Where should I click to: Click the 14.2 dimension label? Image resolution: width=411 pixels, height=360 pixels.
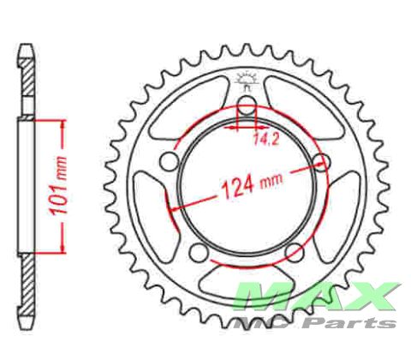[x=265, y=140]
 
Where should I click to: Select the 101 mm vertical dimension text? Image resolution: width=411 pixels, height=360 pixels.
[x=58, y=186]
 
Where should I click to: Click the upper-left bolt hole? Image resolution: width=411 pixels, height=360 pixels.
[x=169, y=162]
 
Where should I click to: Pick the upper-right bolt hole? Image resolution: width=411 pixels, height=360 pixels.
[x=322, y=162]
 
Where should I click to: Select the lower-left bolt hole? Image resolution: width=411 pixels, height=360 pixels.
[x=199, y=252]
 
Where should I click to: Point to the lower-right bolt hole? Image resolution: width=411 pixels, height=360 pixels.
[x=295, y=252]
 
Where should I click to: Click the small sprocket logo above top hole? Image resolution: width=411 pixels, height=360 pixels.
[x=246, y=81]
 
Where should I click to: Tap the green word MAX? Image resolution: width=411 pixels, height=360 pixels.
[x=317, y=297]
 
